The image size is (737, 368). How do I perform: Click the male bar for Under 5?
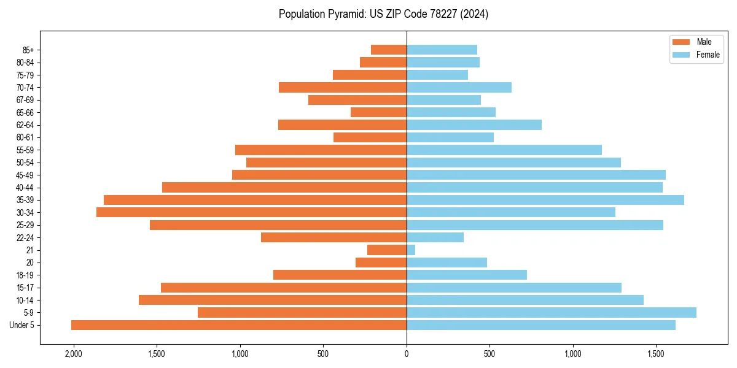point(239,325)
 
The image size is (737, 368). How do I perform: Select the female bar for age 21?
point(411,250)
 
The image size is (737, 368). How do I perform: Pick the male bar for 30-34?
point(252,212)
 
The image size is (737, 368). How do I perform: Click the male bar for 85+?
point(389,50)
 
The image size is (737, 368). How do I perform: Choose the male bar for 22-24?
point(333,237)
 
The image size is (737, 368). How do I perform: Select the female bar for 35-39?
point(545,200)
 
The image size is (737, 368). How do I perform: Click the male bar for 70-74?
point(343,87)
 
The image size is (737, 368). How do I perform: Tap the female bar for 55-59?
point(504,150)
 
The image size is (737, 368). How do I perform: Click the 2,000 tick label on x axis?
point(74,354)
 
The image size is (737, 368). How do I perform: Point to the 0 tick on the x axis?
point(407,354)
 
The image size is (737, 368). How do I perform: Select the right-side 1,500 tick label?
point(656,354)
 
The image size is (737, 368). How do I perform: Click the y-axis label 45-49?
point(25,175)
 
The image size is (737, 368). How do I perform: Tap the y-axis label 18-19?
point(25,275)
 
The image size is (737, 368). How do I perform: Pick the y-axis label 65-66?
point(25,112)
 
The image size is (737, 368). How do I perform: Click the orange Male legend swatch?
point(682,42)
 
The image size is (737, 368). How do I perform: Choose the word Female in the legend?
point(708,55)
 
